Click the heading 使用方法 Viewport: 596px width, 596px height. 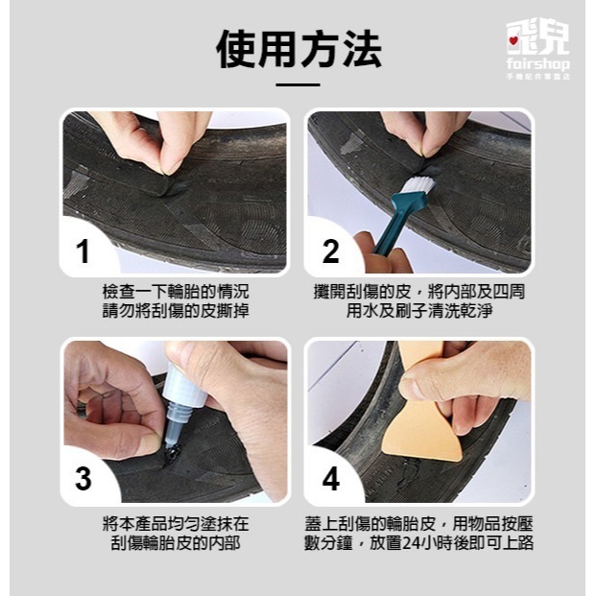tap(298, 49)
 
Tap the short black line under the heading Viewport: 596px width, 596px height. tap(298, 85)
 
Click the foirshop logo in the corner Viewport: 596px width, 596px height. tap(537, 48)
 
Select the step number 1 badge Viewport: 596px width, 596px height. tap(83, 251)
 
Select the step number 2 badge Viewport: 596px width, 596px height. tap(330, 251)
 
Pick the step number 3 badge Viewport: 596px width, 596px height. tap(83, 479)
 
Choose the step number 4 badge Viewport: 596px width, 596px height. tap(330, 479)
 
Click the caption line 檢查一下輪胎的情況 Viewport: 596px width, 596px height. tap(175, 291)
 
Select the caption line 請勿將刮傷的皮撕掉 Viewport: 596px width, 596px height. tap(175, 312)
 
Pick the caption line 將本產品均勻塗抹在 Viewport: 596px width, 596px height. tap(175, 523)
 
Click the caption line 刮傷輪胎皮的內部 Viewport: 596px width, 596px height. tap(175, 543)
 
